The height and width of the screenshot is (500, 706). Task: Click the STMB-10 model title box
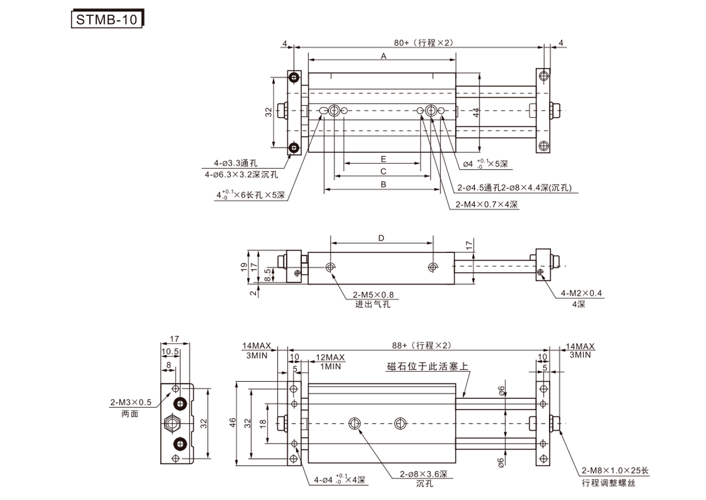(x=106, y=19)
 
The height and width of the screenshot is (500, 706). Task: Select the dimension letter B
(x=383, y=185)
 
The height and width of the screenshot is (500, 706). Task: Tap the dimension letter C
(x=383, y=172)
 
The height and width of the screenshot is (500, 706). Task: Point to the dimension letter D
(x=381, y=238)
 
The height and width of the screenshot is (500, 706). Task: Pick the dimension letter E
(x=383, y=159)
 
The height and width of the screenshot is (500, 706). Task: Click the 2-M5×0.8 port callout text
(x=373, y=295)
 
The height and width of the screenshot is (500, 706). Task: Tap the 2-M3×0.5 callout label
(x=131, y=402)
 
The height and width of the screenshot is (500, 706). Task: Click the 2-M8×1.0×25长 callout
(x=614, y=471)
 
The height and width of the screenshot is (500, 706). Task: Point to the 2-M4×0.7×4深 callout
(x=487, y=205)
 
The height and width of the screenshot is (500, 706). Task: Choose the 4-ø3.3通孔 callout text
(x=236, y=163)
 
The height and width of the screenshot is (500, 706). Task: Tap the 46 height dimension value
(x=233, y=422)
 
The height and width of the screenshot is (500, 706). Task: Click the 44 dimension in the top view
(x=475, y=112)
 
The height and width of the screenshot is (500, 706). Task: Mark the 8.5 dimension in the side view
(x=268, y=274)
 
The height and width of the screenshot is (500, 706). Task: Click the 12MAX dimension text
(x=331, y=358)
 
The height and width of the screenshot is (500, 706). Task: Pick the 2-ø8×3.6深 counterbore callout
(x=424, y=474)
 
